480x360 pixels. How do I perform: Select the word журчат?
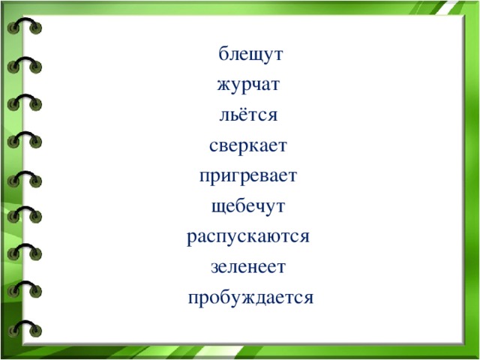pos(250,85)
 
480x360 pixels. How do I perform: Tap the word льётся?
pos(249,115)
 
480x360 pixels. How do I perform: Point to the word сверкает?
pos(248,145)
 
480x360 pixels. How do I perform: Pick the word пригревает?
pos(249,176)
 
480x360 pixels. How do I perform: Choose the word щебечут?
pos(249,206)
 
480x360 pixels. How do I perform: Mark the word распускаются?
pos(249,237)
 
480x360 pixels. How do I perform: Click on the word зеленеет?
pos(249,267)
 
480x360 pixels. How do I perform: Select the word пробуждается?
pos(250,298)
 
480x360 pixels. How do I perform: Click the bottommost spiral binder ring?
pos(24,328)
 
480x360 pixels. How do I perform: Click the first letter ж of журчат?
pos(223,85)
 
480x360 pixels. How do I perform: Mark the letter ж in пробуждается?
pos(241,298)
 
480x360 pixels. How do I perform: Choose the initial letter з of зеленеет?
pos(215,267)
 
